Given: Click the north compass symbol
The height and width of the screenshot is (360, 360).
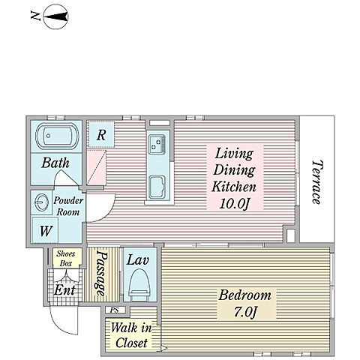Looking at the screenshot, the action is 55,17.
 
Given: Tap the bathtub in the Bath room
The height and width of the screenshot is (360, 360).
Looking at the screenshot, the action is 57,136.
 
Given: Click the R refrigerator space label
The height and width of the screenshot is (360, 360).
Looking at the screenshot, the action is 101,135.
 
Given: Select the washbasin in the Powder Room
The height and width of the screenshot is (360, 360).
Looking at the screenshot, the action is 41,202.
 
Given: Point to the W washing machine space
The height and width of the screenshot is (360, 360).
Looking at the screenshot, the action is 46,231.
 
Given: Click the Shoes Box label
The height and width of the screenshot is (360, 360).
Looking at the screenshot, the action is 66,259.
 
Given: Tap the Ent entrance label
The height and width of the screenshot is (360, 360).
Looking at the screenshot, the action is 64,290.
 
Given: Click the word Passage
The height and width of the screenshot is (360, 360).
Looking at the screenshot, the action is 102,273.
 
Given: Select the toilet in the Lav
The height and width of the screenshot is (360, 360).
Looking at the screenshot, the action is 139,284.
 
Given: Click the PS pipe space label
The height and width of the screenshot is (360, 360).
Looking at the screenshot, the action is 115,310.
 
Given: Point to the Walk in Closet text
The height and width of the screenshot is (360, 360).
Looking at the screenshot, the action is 131,335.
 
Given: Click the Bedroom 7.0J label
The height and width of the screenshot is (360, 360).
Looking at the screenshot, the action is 245,304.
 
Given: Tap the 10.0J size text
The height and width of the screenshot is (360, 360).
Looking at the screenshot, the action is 234,203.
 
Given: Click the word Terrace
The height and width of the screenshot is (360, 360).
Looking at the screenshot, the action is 316,182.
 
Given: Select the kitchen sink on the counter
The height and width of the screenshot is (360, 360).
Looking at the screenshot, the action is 157,145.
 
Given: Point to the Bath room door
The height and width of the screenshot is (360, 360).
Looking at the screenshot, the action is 67,178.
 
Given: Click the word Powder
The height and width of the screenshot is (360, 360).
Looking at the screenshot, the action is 68,200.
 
